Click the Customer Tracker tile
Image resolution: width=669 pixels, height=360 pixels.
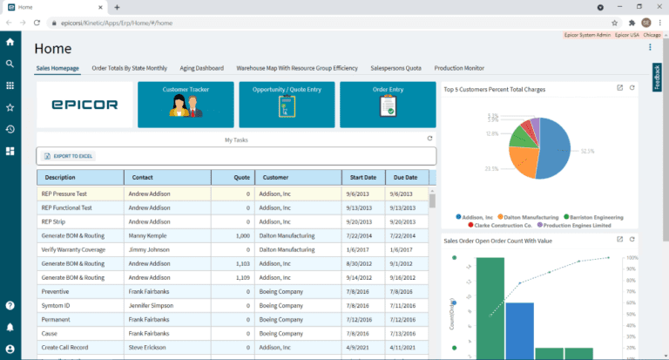[186, 105]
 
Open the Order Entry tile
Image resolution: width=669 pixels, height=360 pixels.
[388, 105]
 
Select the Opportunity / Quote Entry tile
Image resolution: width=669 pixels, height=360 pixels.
[287, 105]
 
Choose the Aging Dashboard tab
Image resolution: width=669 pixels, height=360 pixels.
[201, 67]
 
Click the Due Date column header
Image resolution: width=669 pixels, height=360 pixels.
[406, 178]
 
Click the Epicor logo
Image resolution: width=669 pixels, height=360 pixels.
[84, 105]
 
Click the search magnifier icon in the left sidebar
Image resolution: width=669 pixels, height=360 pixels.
[10, 64]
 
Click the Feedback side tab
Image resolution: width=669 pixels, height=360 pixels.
[657, 78]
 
